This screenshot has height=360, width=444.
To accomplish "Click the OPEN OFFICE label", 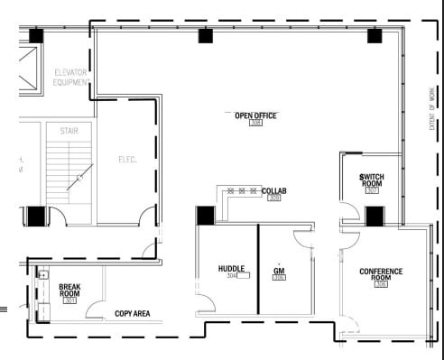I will tap(255, 115).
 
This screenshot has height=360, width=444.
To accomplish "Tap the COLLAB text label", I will tap(273, 191).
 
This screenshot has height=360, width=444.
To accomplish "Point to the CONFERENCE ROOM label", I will tap(381, 275).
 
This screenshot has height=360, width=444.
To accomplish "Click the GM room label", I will tap(280, 270).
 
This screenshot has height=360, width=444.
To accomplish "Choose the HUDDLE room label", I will tap(232, 269).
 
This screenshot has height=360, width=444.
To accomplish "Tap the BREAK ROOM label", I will tap(70, 290).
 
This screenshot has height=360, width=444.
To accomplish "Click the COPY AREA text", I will tap(132, 314).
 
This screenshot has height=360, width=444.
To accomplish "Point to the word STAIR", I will tap(69, 130).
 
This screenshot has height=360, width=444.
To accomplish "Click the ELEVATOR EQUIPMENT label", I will tap(70, 77).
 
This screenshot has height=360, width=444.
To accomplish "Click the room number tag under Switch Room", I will tap(372, 190).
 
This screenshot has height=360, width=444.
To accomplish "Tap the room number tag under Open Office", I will tap(255, 124).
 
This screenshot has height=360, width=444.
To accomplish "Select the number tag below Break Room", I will tap(70, 300).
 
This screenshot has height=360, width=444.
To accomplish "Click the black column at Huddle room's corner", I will tap(205, 217).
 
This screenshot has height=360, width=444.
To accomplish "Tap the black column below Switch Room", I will tap(374, 216).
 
